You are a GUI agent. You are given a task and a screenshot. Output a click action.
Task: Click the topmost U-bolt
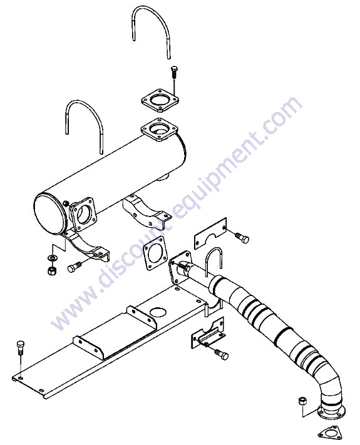(x=150, y=9)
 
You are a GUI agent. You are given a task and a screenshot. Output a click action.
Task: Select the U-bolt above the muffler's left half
(x=84, y=103)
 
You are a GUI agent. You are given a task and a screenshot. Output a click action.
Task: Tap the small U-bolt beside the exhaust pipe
(x=213, y=249)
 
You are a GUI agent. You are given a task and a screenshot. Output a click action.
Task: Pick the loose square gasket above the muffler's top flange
(x=160, y=100)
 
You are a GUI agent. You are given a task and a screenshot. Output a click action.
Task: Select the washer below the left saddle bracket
(x=53, y=258)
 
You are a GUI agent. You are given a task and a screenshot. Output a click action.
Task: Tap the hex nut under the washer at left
(x=52, y=271)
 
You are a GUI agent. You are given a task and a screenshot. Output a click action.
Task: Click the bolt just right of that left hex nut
(x=75, y=267)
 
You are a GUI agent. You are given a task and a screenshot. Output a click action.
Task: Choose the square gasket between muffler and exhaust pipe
(x=155, y=253)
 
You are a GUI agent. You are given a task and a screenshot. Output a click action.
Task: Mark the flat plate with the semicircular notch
(x=210, y=233)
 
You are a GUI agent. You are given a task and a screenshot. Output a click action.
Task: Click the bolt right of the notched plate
(x=242, y=238)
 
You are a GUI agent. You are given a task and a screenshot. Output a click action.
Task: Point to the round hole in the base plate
(x=157, y=312)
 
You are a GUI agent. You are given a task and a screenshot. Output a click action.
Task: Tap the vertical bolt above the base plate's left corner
(x=21, y=347)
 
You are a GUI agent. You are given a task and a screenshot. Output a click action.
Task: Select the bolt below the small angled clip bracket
(x=221, y=354)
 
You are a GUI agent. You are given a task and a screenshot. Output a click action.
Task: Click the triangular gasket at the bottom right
(x=329, y=433)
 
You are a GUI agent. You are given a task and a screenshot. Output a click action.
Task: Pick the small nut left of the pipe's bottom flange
(x=302, y=401)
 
